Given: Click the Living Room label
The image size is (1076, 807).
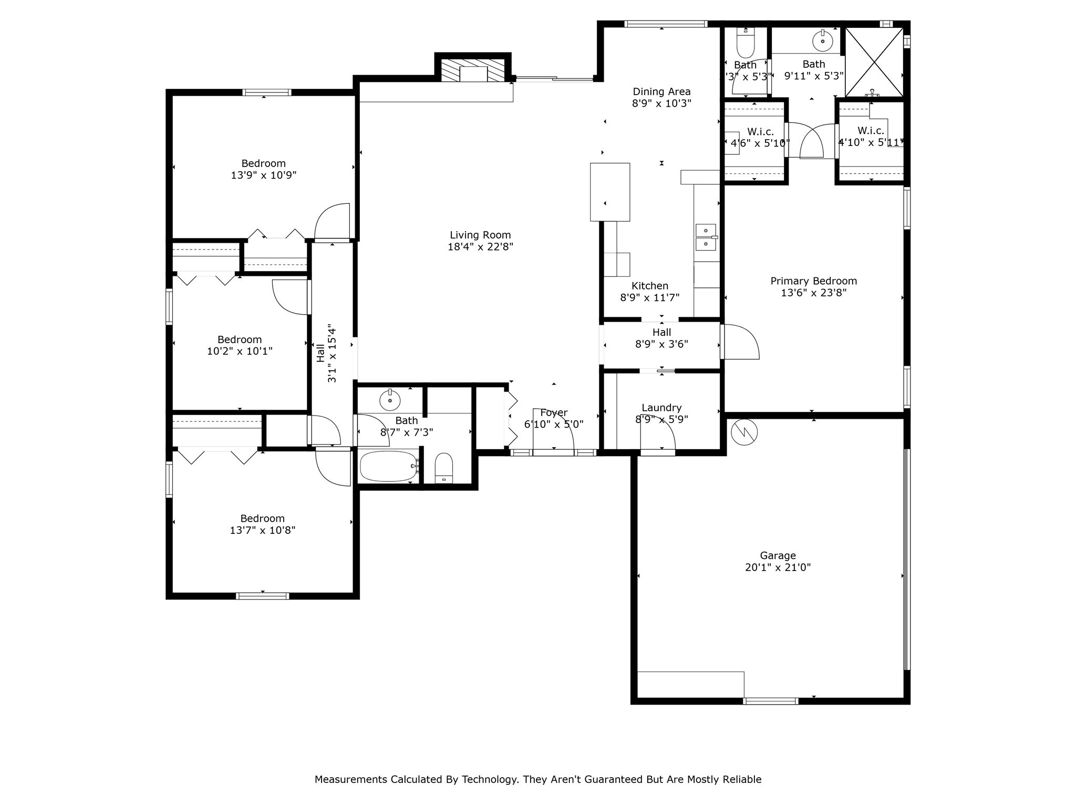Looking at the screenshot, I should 480,235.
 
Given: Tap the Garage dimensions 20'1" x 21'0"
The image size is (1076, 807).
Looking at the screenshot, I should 778,567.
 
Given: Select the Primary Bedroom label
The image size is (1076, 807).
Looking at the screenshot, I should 813,281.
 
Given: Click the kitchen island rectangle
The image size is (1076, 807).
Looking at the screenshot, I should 609,192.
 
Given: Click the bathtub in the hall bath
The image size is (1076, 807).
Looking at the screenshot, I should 389,466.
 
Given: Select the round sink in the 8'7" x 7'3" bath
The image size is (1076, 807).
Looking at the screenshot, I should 390,400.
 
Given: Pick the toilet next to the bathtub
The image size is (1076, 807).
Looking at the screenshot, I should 444,467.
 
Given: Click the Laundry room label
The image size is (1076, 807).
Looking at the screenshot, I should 661,408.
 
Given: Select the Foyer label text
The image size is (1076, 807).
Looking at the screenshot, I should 553,413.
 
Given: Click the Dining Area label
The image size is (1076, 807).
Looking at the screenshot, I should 661,92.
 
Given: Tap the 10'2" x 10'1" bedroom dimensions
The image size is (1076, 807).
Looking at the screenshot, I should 240,351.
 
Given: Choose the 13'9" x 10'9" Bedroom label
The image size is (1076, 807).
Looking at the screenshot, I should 263,163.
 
